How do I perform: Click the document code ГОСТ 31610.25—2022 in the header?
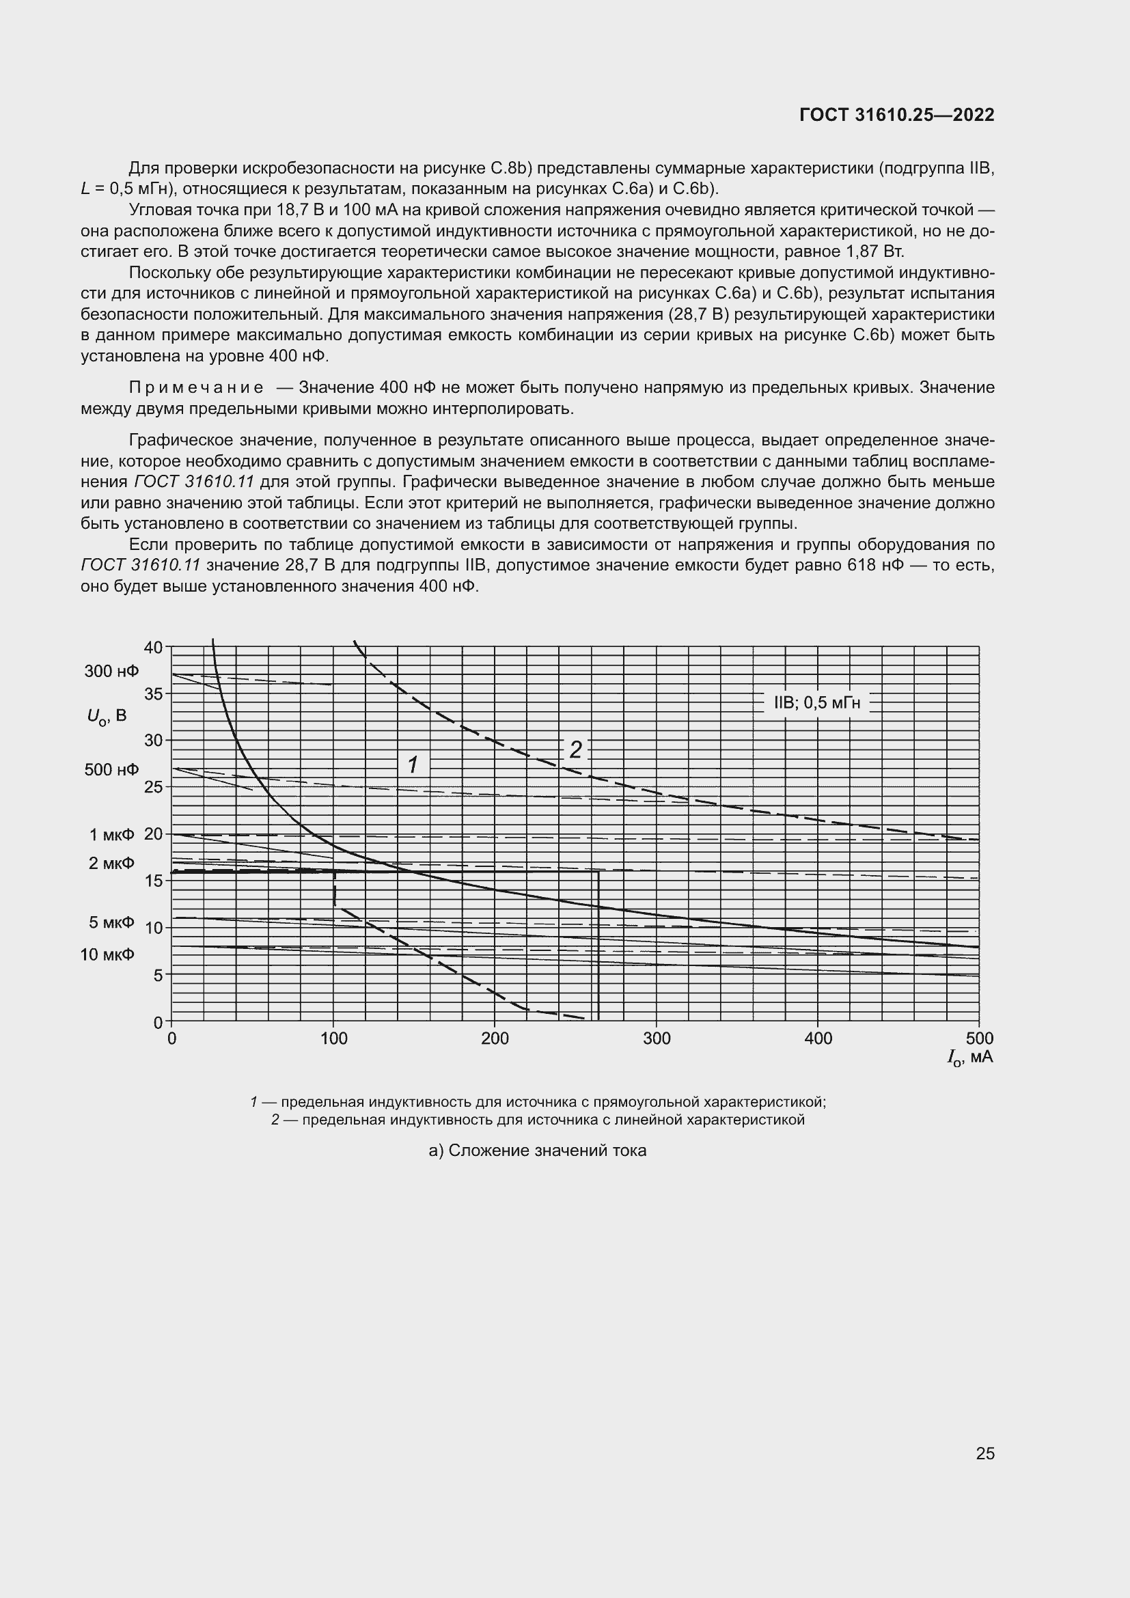click(x=896, y=115)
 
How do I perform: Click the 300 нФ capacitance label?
click(x=111, y=672)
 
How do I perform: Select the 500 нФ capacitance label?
click(x=111, y=770)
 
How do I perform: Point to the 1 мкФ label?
click(x=111, y=834)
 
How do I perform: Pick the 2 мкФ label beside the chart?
click(x=111, y=864)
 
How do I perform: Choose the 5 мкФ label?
click(x=111, y=923)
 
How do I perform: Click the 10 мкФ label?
click(x=107, y=954)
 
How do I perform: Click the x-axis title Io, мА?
click(x=970, y=1058)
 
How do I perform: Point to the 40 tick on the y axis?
click(x=153, y=647)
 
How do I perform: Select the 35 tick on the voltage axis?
click(x=153, y=694)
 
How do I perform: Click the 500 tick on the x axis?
click(x=979, y=1039)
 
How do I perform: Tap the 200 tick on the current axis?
click(x=495, y=1039)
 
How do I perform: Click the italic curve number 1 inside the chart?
click(x=413, y=765)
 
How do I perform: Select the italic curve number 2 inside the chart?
click(x=575, y=749)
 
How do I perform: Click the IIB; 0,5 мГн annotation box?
click(x=817, y=703)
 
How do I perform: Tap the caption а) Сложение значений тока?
click(x=537, y=1151)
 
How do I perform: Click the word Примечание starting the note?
click(x=196, y=387)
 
